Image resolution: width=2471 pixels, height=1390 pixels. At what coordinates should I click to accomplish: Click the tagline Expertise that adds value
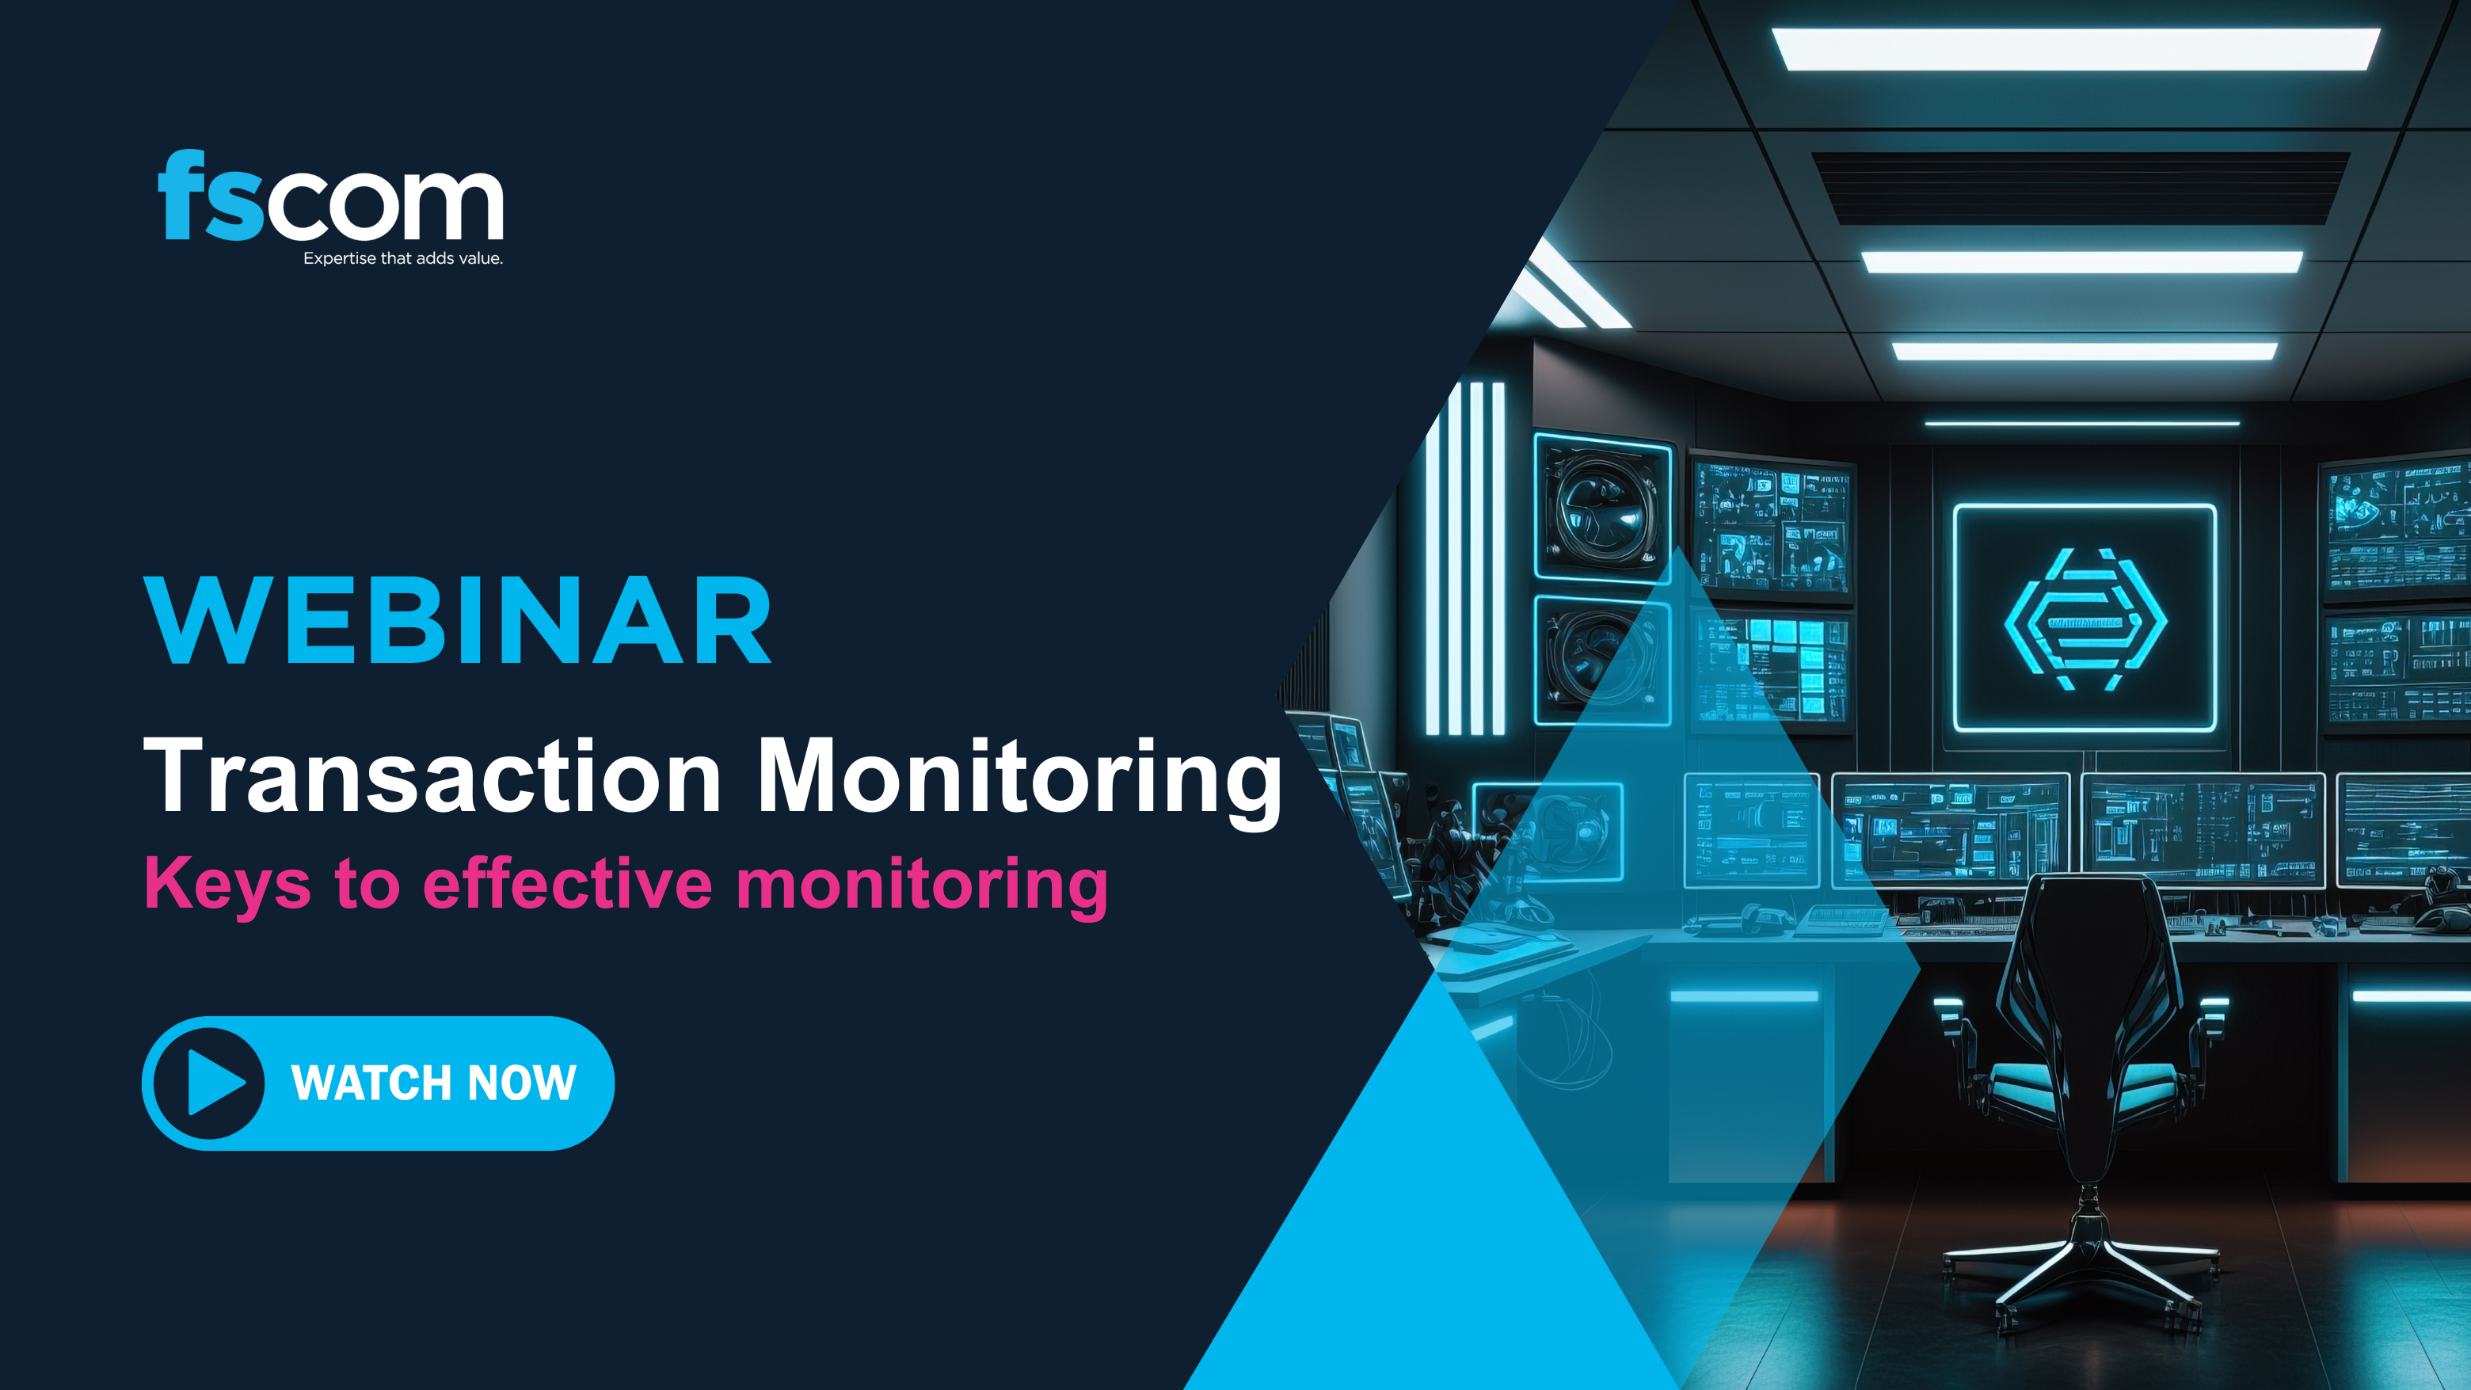403,258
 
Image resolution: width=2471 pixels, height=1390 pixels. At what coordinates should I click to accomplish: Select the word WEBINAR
458,622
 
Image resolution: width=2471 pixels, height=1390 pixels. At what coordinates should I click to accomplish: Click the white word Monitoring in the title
1018,777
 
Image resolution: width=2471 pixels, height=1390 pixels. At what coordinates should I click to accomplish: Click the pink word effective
567,882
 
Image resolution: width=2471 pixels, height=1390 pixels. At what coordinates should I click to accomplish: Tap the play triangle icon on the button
215,1083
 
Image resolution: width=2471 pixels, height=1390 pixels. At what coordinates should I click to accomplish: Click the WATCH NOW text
433,1083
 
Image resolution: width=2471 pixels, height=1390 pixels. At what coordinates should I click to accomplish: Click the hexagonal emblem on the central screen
2085,619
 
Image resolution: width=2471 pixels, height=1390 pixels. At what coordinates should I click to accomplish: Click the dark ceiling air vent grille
2080,188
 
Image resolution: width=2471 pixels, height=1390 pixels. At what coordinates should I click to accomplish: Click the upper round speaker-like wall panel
1602,508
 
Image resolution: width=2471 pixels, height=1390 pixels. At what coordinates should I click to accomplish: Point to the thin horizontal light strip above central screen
2081,423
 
